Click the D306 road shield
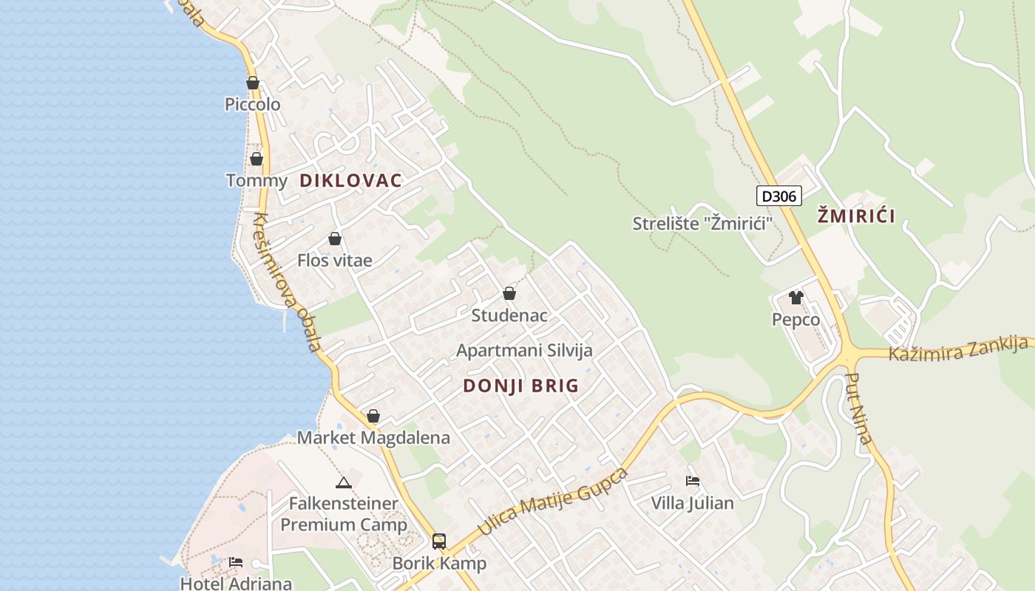coord(778,196)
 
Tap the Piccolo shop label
coord(253,104)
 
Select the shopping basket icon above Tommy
coord(257,159)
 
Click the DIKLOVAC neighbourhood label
coord(350,180)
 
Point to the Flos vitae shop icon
coord(335,239)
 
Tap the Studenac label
coord(509,315)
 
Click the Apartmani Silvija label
coord(524,350)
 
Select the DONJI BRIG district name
coord(520,386)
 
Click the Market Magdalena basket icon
coord(373,416)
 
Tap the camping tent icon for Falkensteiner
coord(343,483)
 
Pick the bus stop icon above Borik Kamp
coord(439,542)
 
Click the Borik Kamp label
coord(439,564)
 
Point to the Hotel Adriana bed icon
coord(236,562)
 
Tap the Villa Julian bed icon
coord(693,481)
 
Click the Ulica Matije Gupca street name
coord(553,502)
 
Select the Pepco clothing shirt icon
coord(795,298)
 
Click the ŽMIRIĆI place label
coord(856,216)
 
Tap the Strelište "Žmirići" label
coord(698,223)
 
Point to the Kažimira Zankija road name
coord(958,348)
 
